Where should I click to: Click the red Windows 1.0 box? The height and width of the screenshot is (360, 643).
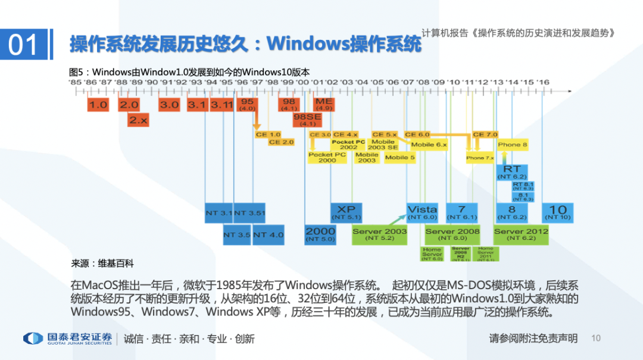[x=98, y=105]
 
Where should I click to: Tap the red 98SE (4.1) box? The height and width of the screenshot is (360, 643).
[x=307, y=120]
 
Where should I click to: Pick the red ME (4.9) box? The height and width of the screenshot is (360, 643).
[x=324, y=105]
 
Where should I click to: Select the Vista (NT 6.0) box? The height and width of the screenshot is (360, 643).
[x=422, y=212]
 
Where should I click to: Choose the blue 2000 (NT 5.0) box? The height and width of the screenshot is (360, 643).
[x=320, y=234]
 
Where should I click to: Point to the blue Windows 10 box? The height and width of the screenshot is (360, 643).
[x=557, y=212]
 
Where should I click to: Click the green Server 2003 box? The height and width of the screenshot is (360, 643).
[x=379, y=234]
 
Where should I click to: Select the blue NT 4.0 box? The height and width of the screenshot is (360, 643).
[x=269, y=234]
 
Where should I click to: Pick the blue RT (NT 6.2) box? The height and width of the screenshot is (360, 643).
[x=512, y=172]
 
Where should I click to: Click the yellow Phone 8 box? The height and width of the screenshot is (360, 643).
[x=512, y=145]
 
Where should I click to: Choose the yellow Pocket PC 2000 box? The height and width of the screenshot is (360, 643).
[x=327, y=157]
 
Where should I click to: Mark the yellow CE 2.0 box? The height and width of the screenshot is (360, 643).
[x=281, y=142]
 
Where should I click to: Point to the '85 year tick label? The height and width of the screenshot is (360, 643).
[x=75, y=82]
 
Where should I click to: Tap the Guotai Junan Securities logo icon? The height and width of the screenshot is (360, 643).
[x=33, y=338]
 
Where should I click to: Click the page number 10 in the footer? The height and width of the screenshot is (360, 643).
[x=596, y=338]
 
